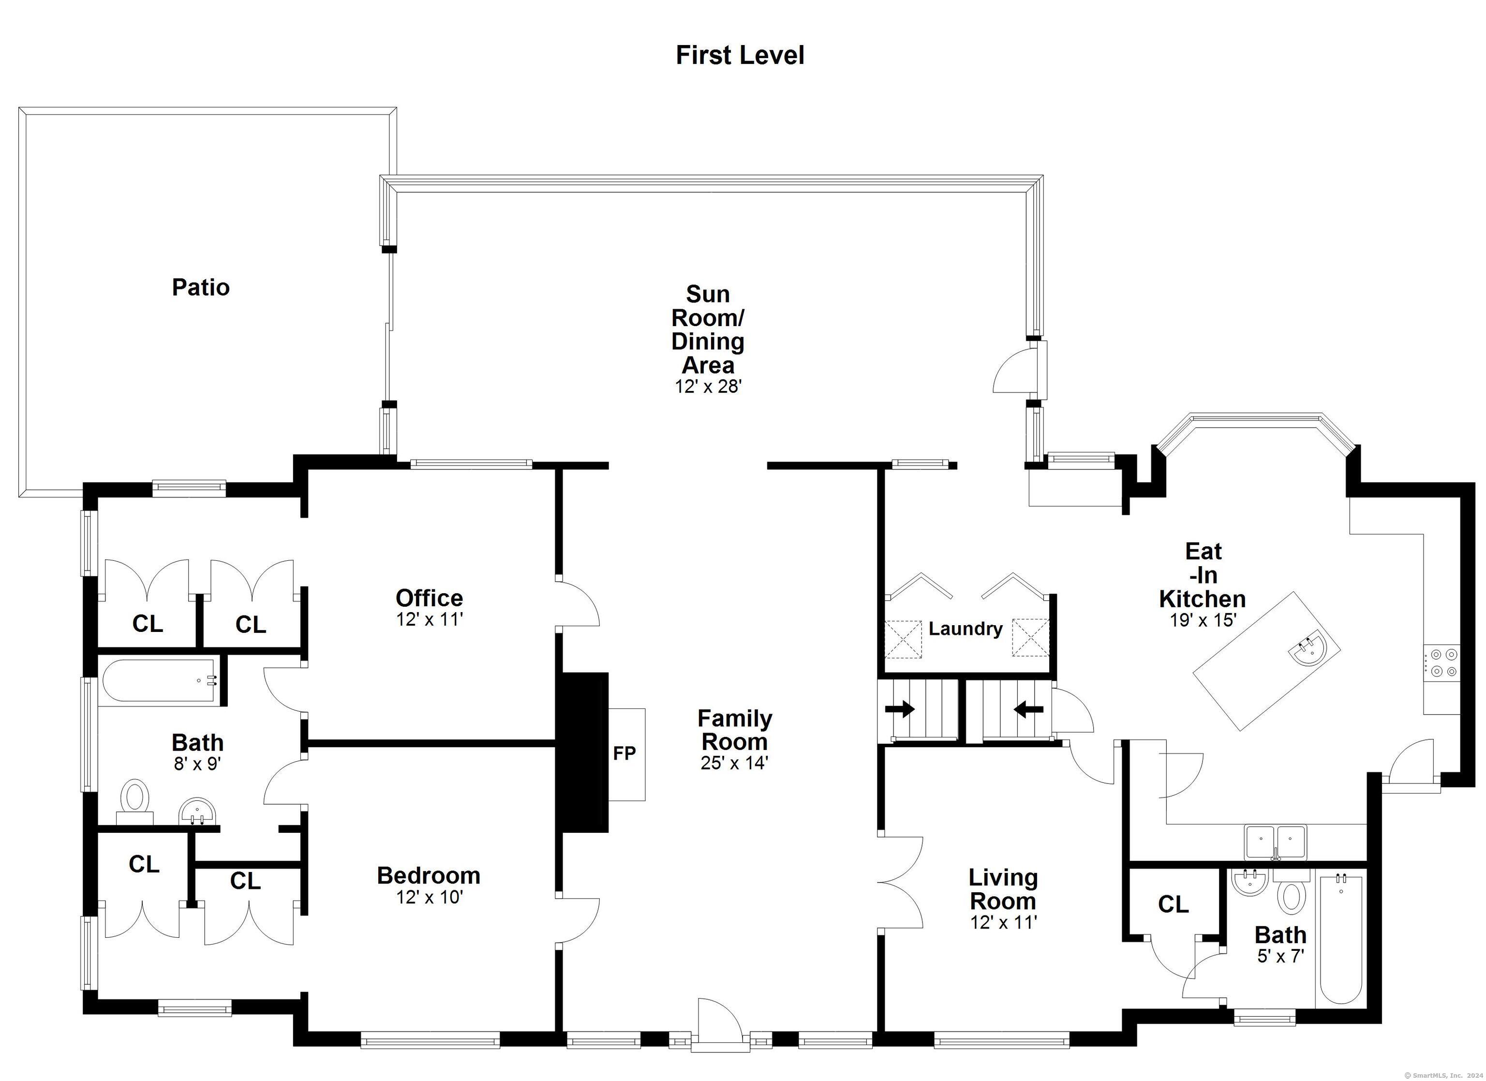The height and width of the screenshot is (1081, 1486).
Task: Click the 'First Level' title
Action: click(x=740, y=55)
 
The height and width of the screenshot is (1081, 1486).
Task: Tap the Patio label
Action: click(x=200, y=287)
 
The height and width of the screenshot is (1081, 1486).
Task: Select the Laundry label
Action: click(x=965, y=629)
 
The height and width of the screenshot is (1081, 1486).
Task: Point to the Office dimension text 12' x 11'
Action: click(x=429, y=619)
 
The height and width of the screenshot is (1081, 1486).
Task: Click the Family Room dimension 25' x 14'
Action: click(x=734, y=763)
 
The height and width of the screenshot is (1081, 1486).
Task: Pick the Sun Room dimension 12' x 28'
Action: click(x=708, y=386)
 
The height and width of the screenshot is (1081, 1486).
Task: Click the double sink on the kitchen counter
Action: click(x=1275, y=842)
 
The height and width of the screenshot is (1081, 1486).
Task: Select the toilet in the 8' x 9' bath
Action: click(x=135, y=802)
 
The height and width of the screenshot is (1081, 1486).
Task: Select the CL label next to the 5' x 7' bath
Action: click(x=1173, y=905)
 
